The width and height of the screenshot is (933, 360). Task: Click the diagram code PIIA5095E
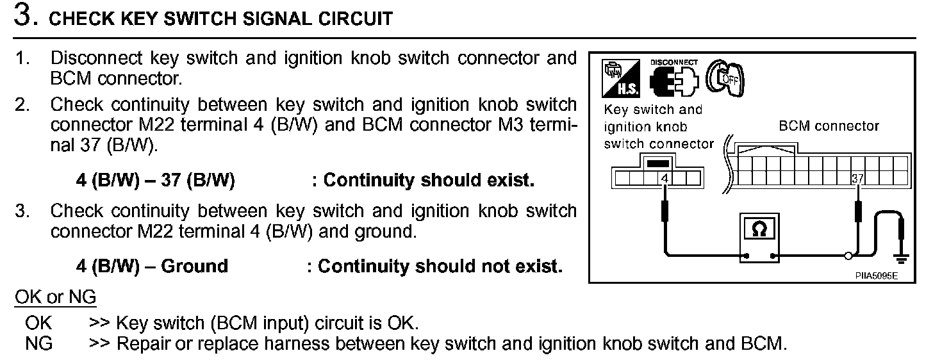click(x=875, y=275)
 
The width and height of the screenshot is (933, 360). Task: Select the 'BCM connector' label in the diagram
click(x=829, y=126)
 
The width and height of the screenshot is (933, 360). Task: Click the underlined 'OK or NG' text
click(x=55, y=297)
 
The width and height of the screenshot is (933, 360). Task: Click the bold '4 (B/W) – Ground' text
click(x=152, y=266)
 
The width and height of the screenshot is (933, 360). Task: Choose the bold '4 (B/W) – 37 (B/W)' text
click(x=155, y=181)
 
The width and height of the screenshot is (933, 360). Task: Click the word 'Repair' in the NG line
click(x=142, y=343)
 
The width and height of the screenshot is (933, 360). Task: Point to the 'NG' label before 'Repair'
click(x=38, y=343)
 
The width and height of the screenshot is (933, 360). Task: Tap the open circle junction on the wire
click(x=848, y=256)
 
